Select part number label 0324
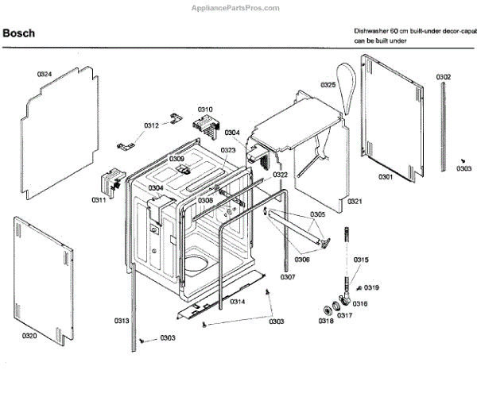(x=45, y=74)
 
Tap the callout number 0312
(x=152, y=125)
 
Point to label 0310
(x=205, y=109)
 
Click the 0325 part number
(x=328, y=85)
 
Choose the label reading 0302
(x=444, y=77)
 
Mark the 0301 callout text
(x=386, y=176)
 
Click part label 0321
(x=355, y=202)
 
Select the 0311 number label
(x=99, y=199)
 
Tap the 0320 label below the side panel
(x=29, y=337)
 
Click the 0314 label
(x=237, y=302)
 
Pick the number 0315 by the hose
(x=361, y=260)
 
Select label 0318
(x=326, y=321)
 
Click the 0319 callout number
(x=371, y=287)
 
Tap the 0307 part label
(x=288, y=277)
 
